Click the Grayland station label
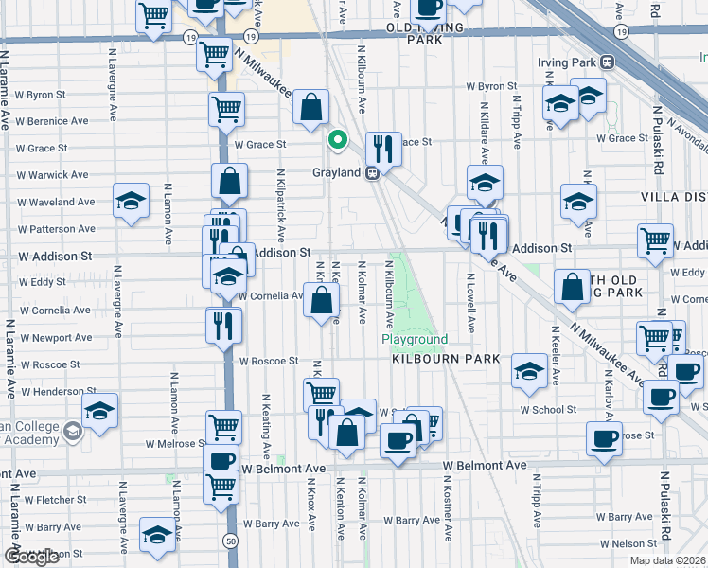pos(337,173)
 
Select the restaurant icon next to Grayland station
pos(382,149)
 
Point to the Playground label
pos(415,339)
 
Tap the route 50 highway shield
pos(231,540)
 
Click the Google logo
pos(31,557)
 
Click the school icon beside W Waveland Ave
pos(131,201)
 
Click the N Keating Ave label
pos(267,427)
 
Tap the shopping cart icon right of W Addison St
pos(655,241)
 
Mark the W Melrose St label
pos(176,443)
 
